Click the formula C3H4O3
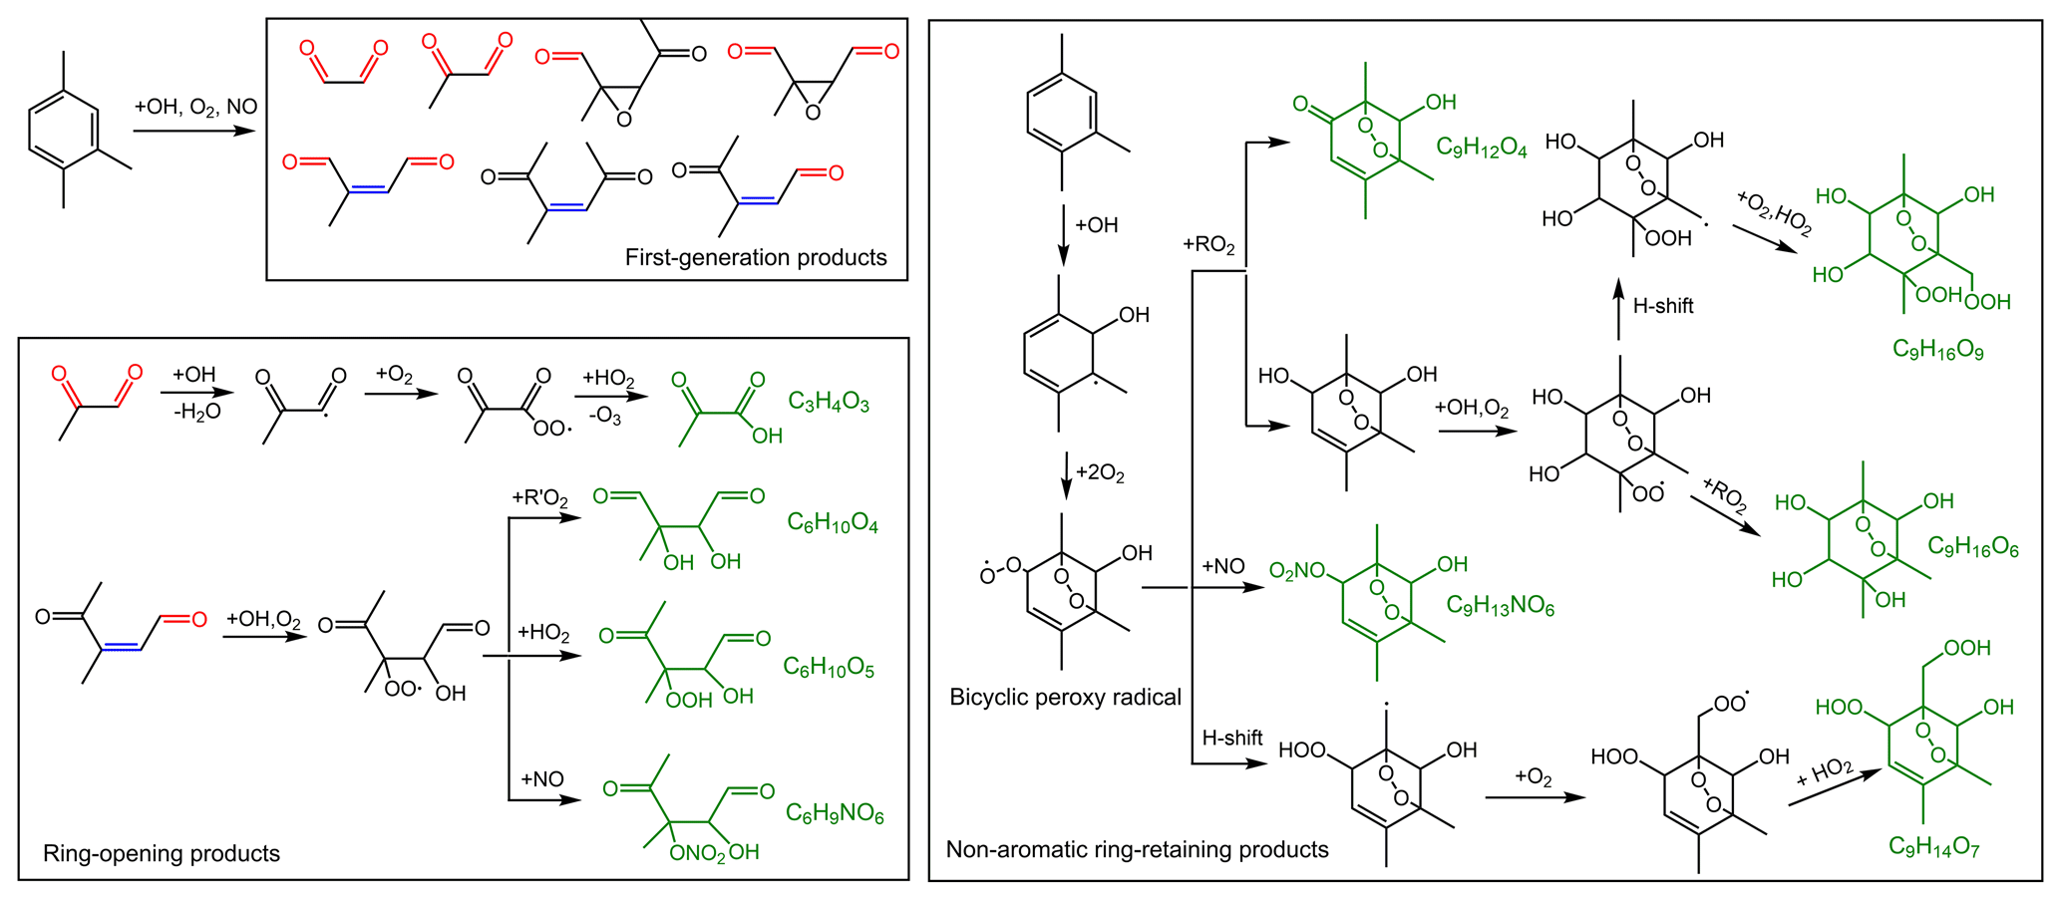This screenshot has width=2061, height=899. point(829,403)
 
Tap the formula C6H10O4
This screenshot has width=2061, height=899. point(833,524)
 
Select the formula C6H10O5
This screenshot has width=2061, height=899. point(829,668)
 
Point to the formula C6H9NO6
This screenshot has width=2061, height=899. point(835,814)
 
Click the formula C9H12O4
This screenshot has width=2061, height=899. point(1482,148)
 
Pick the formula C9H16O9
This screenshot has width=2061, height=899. point(1937,350)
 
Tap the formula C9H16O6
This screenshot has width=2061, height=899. point(1973,547)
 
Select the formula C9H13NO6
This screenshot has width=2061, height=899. point(1501,606)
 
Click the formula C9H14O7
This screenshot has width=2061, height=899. point(1933,848)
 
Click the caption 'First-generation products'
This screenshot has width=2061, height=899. point(756,257)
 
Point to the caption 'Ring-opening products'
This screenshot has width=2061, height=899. point(162,853)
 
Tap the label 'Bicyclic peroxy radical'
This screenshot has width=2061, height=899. point(1065,697)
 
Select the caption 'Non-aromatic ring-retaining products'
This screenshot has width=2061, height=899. point(1137,849)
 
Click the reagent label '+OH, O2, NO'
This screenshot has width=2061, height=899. point(195,108)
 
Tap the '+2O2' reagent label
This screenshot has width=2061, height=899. point(1100,472)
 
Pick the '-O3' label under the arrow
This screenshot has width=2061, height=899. point(605,417)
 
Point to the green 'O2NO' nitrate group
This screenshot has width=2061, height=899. point(1297,571)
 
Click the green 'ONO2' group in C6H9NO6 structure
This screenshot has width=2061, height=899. point(698,854)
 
